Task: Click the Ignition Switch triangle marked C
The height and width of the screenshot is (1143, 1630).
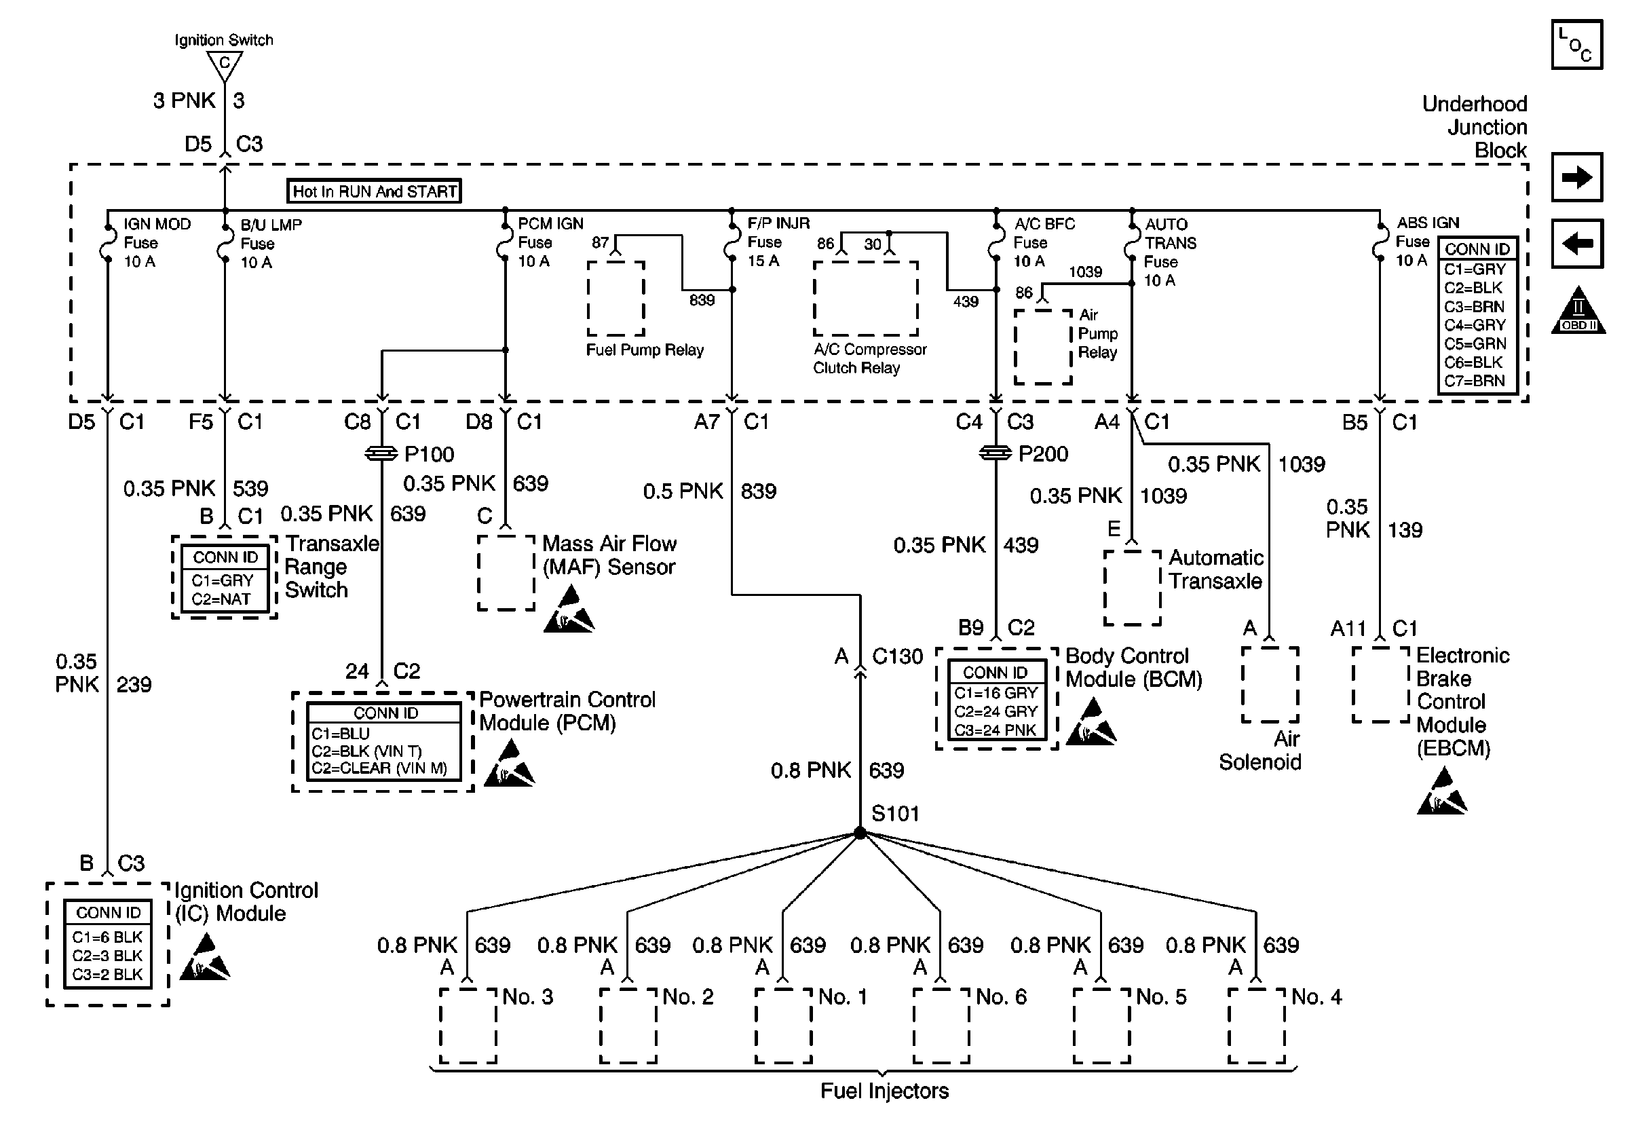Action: click(225, 64)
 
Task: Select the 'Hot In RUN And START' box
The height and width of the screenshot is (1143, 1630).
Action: click(374, 191)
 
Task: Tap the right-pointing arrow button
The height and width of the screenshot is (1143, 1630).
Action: click(1577, 176)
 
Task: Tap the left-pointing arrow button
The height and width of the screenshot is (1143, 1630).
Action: click(1577, 244)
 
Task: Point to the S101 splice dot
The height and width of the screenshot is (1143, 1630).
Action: click(860, 833)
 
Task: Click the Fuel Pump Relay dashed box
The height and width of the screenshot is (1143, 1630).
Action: click(615, 298)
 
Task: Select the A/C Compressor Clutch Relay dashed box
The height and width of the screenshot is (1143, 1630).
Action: click(865, 298)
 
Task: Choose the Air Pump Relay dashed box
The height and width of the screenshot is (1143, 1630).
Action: click(1043, 347)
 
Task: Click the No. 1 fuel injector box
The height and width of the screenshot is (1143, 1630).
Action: click(783, 1025)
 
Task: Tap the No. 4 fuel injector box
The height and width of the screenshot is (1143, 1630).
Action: click(1256, 1025)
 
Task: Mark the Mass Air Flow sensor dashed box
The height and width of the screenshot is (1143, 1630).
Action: click(506, 573)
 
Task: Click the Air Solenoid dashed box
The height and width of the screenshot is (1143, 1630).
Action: click(1270, 684)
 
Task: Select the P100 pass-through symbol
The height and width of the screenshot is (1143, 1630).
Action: click(381, 453)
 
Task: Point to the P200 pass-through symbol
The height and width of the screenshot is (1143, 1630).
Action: click(996, 453)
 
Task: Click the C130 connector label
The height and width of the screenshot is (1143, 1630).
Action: click(897, 657)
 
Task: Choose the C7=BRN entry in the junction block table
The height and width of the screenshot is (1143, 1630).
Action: click(1474, 381)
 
